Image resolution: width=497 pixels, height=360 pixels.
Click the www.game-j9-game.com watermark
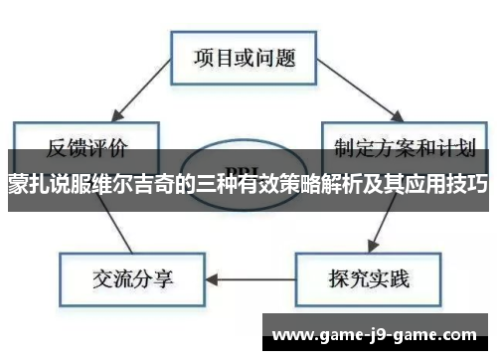click(376, 332)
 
